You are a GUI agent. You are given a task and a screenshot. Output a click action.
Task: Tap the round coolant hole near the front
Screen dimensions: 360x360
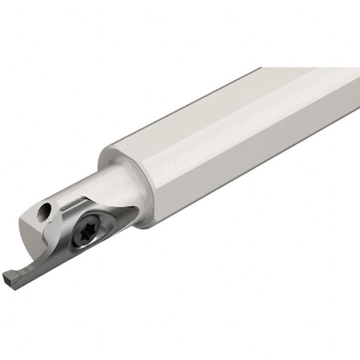pos(44,211)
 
